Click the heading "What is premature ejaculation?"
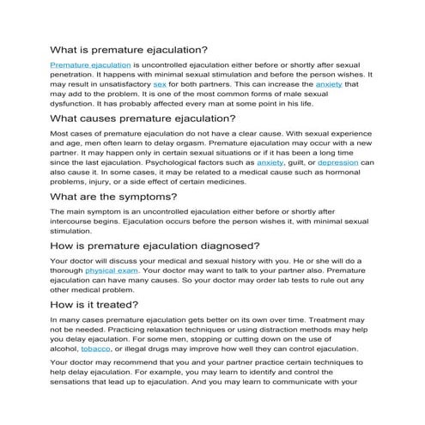129,50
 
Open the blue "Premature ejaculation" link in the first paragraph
90,64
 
